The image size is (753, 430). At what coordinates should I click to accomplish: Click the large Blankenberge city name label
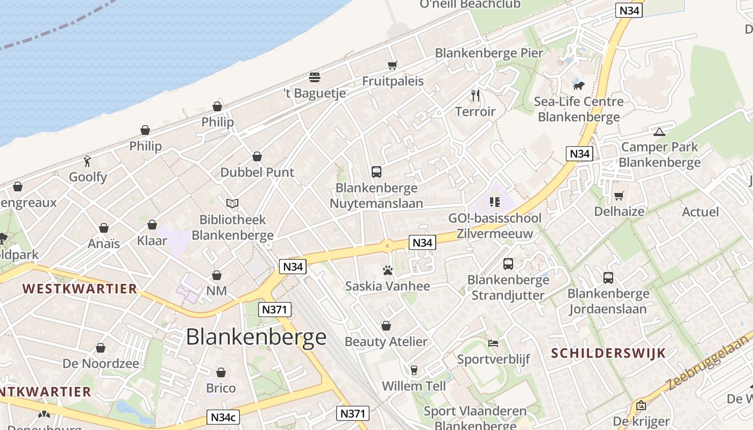256,337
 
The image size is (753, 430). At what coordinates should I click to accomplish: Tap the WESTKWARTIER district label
80,289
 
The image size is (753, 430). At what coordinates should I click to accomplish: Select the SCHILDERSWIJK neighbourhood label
608,353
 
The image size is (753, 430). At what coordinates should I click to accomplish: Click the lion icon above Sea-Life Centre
578,85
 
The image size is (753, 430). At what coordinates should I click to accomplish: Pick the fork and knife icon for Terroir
475,96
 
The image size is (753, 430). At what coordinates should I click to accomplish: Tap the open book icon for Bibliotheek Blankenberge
232,204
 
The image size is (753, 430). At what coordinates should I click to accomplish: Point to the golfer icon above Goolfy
88,161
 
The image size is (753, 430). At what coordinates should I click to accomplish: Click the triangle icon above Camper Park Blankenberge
659,132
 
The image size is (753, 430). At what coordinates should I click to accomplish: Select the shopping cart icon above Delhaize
619,196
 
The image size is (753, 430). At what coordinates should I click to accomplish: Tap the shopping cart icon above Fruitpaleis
393,66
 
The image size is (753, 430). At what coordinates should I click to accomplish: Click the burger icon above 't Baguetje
315,77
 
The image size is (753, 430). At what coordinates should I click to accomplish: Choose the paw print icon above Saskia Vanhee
387,270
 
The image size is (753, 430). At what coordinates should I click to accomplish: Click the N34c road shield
223,417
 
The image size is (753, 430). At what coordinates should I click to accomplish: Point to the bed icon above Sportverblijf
493,343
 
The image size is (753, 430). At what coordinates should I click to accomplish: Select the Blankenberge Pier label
489,53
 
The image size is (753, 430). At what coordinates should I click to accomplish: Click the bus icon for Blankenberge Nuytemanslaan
376,172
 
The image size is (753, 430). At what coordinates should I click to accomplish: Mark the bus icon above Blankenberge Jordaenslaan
608,278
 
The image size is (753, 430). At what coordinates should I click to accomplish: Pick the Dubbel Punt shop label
257,172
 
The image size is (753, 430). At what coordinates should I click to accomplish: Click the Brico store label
221,388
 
